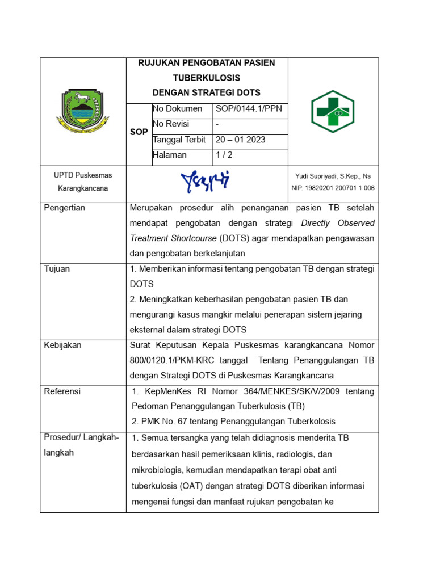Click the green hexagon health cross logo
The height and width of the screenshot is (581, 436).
pyautogui.click(x=333, y=112)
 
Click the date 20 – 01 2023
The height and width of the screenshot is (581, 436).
pyautogui.click(x=240, y=140)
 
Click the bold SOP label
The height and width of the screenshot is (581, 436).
pyautogui.click(x=139, y=132)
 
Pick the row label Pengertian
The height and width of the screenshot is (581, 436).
pyautogui.click(x=65, y=208)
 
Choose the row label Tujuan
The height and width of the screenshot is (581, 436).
pyautogui.click(x=57, y=269)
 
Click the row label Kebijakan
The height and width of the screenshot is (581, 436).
pyautogui.click(x=63, y=345)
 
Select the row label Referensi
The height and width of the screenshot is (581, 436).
pyautogui.click(x=62, y=391)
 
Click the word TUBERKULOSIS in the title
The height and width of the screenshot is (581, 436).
pyautogui.click(x=207, y=78)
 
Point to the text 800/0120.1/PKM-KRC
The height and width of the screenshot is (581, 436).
pyautogui.click(x=170, y=360)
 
